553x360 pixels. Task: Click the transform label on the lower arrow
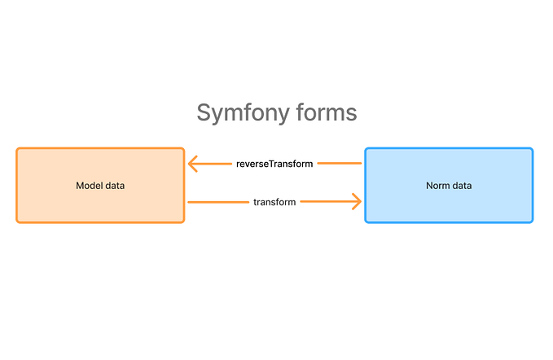pos(274,201)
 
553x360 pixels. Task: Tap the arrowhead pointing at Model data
pos(194,164)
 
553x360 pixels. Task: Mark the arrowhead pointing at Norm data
pos(355,201)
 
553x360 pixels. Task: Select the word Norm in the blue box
pos(438,186)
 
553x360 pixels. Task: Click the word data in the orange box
pos(115,186)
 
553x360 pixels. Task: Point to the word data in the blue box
pos(462,186)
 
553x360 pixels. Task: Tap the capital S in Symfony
pos(204,112)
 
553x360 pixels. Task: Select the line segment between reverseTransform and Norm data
pos(339,164)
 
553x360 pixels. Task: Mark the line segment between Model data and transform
pos(218,201)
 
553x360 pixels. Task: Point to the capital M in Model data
pos(79,186)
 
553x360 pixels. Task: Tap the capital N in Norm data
pos(429,186)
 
